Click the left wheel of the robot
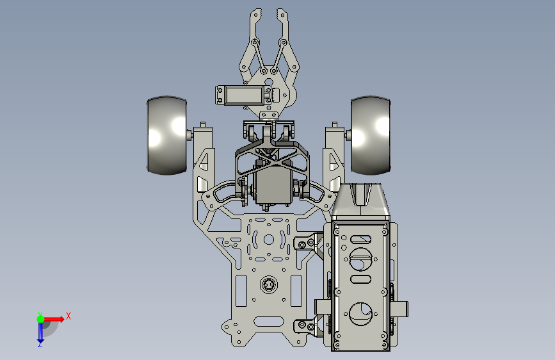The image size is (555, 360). pos(166,135)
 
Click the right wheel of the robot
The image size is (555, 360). pos(371,135)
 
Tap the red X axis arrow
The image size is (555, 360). pos(54,319)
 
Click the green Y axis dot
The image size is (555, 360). pos(40,319)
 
